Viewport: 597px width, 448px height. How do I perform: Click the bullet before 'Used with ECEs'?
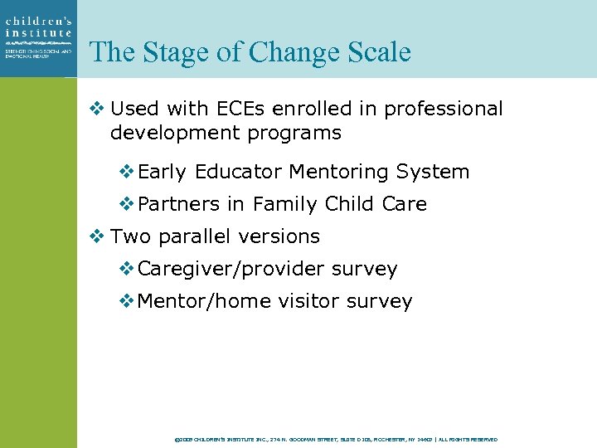tap(95, 109)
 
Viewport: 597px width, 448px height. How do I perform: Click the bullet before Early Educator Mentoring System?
tap(126, 172)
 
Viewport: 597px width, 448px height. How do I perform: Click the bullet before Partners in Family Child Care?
tap(126, 204)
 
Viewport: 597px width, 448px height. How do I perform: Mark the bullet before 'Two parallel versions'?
tap(95, 236)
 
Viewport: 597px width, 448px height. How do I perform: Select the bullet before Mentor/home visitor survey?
tap(126, 301)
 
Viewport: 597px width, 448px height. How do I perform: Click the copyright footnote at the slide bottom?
tap(336, 439)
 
